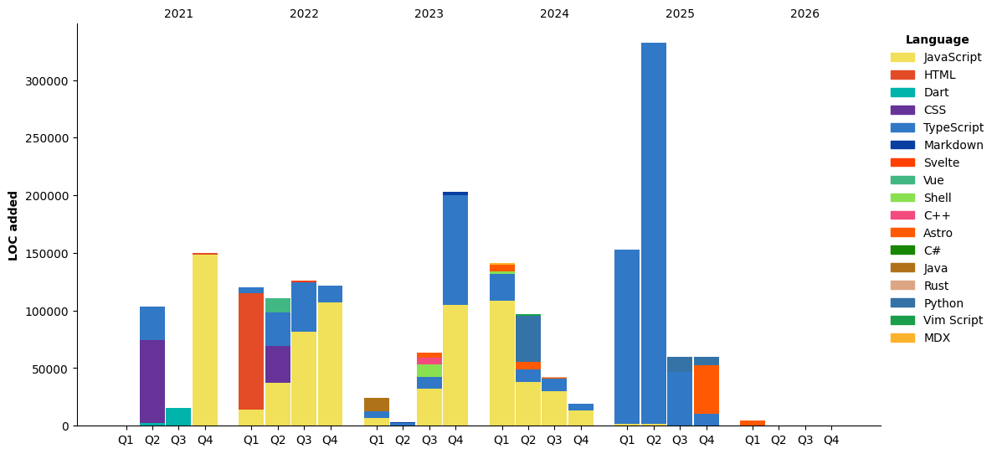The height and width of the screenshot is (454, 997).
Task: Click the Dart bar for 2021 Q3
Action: pos(178,416)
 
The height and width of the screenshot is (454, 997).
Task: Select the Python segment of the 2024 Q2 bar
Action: pos(528,338)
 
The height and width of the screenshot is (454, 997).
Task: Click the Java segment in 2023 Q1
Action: pos(377,405)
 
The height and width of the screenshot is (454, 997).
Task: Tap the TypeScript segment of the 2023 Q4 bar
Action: pos(455,250)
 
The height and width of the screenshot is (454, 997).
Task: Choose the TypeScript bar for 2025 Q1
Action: pos(627,336)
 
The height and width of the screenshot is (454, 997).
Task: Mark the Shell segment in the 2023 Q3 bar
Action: pos(429,370)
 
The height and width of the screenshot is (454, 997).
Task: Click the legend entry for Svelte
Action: pos(941,163)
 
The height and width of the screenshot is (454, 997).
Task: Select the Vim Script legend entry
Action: pos(953,320)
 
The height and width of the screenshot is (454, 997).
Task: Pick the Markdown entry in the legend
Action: pos(953,145)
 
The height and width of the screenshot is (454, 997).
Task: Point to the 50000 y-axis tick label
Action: pos(53,369)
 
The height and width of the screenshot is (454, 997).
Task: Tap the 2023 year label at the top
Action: pos(429,14)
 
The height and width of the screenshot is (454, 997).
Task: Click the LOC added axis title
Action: pos(13,225)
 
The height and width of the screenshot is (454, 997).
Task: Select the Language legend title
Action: pos(937,40)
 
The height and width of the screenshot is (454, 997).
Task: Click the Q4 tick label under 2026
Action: pos(830,440)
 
